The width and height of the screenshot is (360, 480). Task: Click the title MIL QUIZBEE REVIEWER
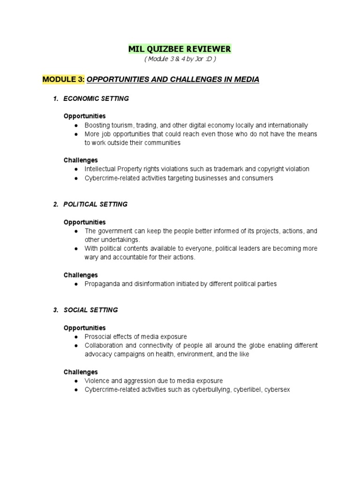tap(180, 49)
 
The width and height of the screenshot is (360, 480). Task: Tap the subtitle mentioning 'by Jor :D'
tap(180, 60)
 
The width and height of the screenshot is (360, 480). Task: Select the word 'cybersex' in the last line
tap(277, 390)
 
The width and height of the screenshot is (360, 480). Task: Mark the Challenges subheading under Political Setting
tap(81, 275)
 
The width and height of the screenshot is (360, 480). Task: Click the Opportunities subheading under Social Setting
tap(84, 328)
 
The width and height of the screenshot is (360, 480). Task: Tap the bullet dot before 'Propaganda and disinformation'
tap(75, 284)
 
